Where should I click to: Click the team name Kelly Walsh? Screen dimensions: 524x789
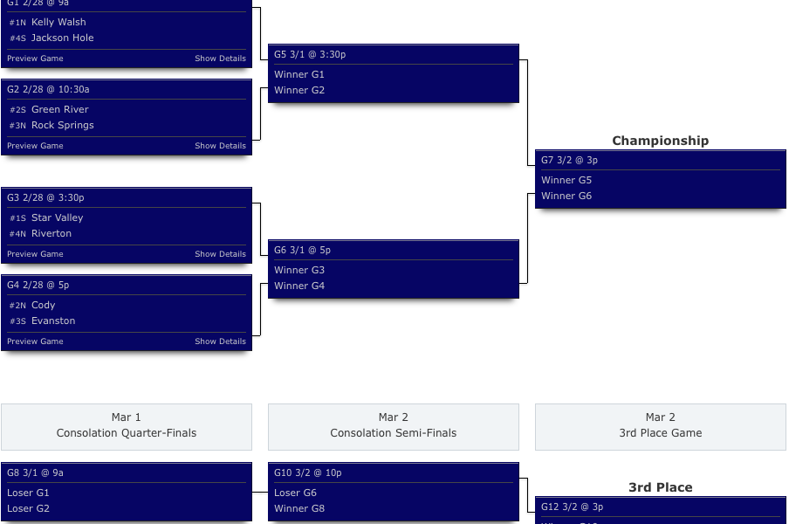point(58,22)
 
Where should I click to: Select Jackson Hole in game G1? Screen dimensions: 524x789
point(62,38)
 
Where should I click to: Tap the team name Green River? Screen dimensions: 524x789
point(60,109)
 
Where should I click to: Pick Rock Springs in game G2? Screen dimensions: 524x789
point(62,125)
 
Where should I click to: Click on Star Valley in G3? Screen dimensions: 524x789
point(57,217)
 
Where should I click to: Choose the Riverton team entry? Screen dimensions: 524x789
point(51,233)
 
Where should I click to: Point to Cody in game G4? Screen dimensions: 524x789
point(43,305)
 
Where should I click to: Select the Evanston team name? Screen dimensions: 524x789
point(53,321)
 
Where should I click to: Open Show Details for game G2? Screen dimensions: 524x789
point(220,146)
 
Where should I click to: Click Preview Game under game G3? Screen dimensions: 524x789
point(35,254)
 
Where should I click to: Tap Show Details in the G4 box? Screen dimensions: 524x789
point(220,341)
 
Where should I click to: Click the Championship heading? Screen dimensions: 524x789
point(660,141)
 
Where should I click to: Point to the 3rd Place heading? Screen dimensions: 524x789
point(660,487)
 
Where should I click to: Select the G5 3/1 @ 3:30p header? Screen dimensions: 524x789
point(310,54)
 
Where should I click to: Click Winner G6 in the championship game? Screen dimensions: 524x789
point(566,196)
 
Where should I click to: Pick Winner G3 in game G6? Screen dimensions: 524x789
point(299,270)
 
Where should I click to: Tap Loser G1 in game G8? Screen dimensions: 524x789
point(28,493)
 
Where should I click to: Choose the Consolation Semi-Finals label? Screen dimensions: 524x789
point(393,433)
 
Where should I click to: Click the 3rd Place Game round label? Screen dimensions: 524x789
point(660,433)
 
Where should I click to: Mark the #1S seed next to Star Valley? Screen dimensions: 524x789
point(17,218)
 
